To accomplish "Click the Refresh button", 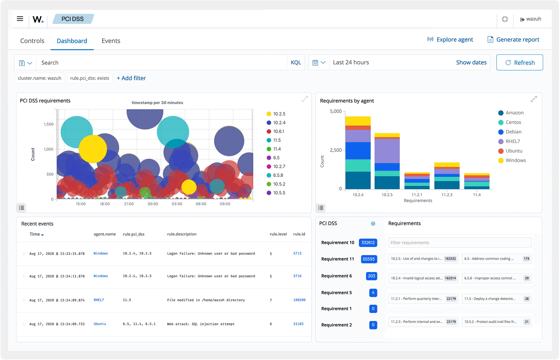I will point(520,62).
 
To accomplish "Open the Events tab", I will point(111,41).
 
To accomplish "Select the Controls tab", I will point(32,41).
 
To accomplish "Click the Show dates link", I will point(471,62).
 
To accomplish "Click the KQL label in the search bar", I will point(296,62).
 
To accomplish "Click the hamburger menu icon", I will point(20,19).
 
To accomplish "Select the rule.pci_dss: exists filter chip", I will point(90,78).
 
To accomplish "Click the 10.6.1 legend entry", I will point(278,132).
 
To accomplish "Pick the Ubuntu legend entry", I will point(514,151).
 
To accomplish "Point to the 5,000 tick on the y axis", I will point(336,111).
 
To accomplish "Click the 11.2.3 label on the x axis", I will point(447,195).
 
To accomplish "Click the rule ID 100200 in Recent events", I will point(299,300).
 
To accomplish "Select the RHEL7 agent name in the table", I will point(99,300).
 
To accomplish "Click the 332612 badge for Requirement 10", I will point(368,243).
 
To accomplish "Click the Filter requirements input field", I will point(460,243).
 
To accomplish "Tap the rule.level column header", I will point(278,234).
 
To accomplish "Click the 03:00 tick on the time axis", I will point(177,204).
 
